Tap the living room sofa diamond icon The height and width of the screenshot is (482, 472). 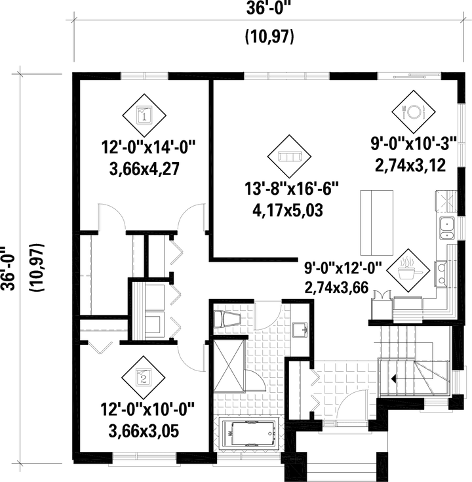point(290,156)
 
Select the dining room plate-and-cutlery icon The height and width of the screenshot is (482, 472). point(415,110)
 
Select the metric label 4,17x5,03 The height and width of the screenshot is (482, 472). point(289,211)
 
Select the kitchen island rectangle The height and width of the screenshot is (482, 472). point(375,222)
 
